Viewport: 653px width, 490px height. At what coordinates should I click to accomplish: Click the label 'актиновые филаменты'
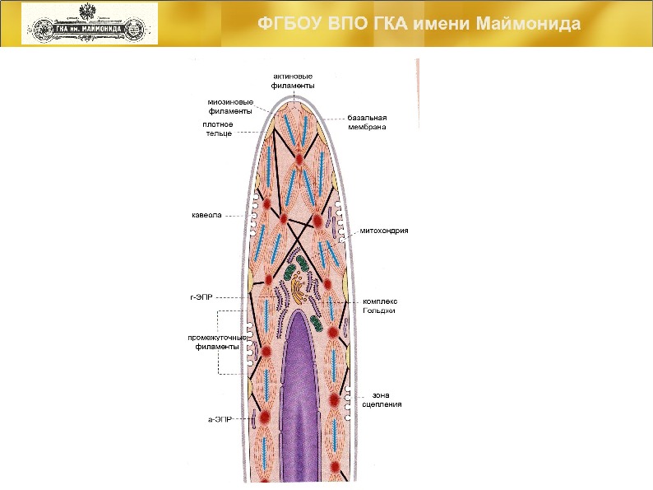293,81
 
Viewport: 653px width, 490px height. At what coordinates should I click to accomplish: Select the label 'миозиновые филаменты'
229,107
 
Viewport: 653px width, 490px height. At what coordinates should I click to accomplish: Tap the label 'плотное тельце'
218,128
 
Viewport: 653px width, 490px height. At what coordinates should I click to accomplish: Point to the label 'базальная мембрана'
367,123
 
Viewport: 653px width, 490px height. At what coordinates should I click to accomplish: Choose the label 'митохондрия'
383,231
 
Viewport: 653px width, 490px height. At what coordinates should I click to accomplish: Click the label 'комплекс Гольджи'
380,306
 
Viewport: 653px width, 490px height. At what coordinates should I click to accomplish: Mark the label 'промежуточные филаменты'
216,343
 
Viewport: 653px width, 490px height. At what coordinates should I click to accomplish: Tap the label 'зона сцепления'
381,400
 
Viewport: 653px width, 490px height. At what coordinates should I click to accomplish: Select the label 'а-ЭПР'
220,419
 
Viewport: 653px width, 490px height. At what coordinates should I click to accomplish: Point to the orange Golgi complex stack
297,289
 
